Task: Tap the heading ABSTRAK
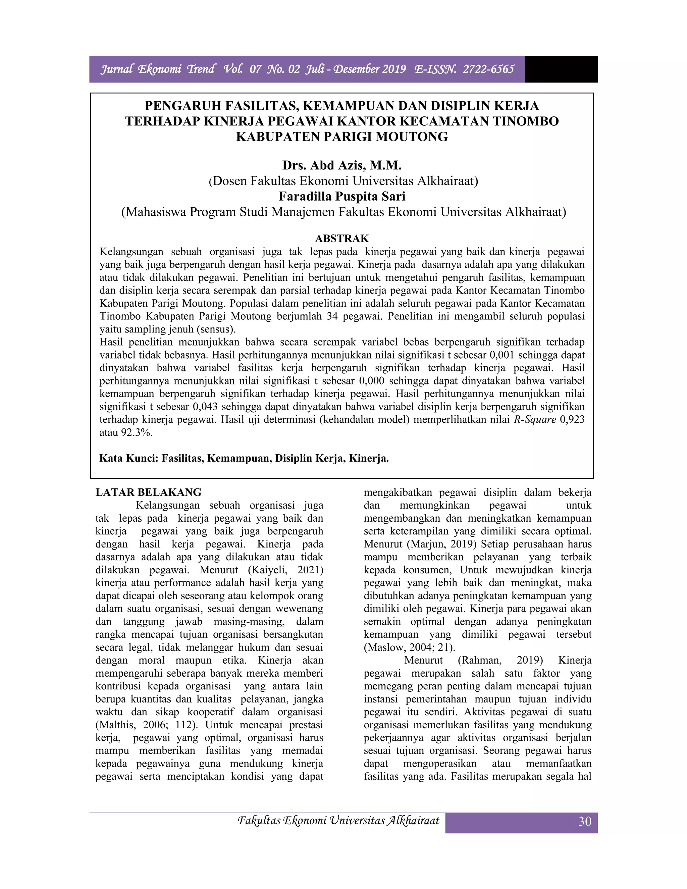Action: pos(342,238)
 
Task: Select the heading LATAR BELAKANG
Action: pos(149,492)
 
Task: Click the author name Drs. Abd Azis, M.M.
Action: pos(342,165)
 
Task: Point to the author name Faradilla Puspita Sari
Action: pos(342,197)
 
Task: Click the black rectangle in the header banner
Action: pos(561,69)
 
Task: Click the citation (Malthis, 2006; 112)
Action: pos(147,725)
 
